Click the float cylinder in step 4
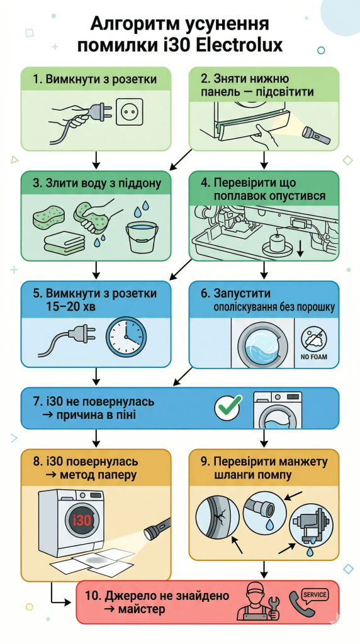click(x=276, y=243)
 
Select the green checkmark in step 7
click(x=229, y=407)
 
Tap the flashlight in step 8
click(x=157, y=530)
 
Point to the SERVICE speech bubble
click(x=315, y=595)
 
